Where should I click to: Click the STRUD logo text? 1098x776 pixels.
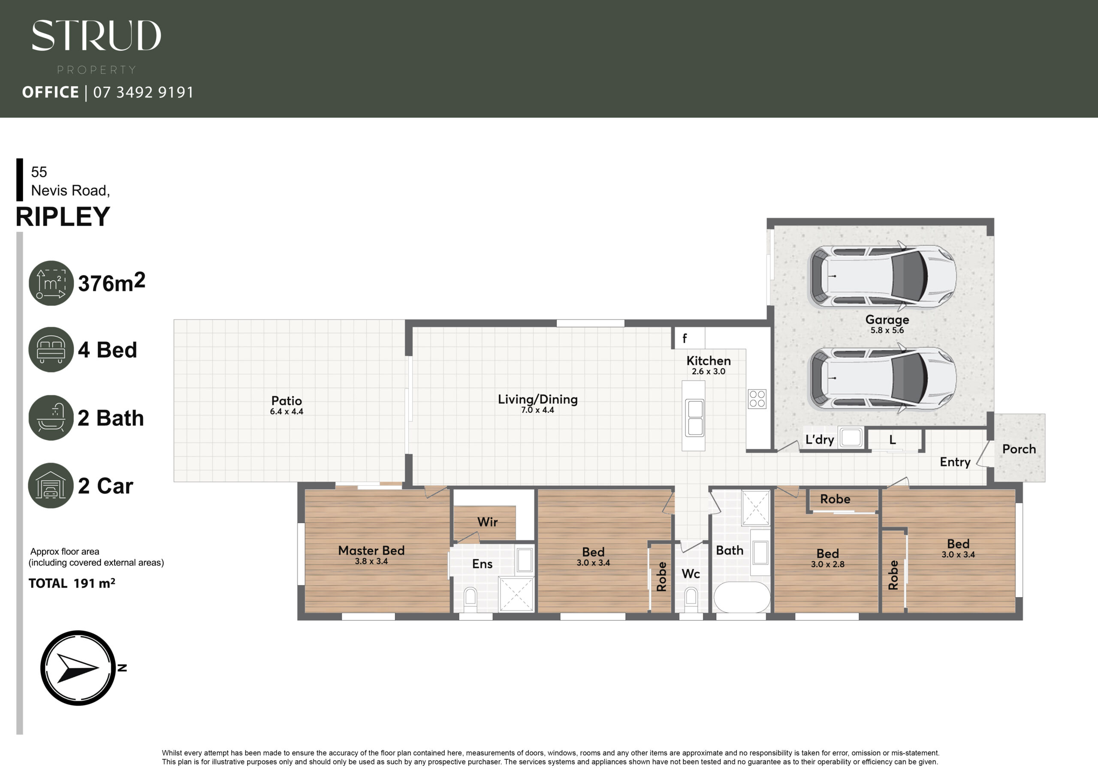(x=96, y=36)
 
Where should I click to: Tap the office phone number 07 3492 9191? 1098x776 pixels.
(x=143, y=92)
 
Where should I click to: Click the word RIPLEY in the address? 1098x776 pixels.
(x=63, y=217)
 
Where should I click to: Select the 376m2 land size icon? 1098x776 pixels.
(x=51, y=283)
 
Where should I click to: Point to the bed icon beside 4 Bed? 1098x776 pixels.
(x=51, y=349)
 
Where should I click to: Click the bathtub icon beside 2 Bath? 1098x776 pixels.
(x=51, y=418)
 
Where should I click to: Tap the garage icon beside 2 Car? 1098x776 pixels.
(x=51, y=485)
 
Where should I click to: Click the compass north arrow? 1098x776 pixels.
(x=78, y=668)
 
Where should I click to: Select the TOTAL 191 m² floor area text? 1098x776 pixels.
(x=72, y=584)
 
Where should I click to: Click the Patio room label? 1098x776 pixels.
(x=287, y=401)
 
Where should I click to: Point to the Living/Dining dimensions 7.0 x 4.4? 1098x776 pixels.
(x=537, y=410)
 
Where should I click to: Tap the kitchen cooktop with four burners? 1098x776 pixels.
(x=757, y=399)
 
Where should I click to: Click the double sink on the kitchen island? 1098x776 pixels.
(x=695, y=418)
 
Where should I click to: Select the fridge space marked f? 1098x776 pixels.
(x=689, y=338)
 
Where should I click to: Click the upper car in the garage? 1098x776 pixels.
(x=882, y=277)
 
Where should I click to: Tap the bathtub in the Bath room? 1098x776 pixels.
(x=742, y=597)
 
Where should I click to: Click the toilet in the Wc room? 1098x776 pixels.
(x=691, y=600)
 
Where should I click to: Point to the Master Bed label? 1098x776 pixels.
(x=371, y=551)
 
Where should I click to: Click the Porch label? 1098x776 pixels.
(x=1019, y=449)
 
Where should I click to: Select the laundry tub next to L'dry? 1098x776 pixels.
(x=851, y=437)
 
